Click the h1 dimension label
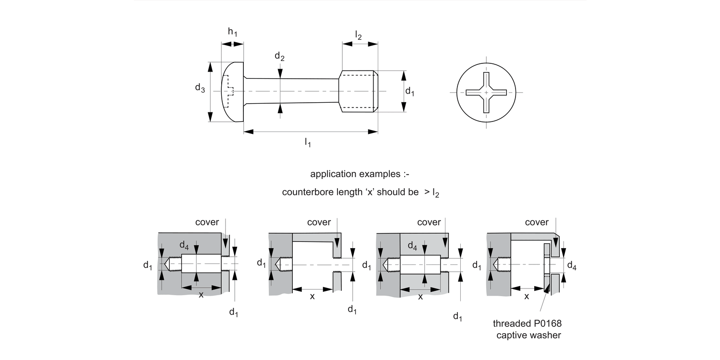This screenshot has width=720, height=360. pos(232,32)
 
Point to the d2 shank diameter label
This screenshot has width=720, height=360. pos(279,57)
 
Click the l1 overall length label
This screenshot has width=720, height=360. pos(308,142)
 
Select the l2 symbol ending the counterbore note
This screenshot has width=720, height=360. pos(435,193)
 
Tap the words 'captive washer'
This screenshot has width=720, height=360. pos(528,335)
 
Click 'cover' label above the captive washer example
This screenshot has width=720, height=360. pos(537,222)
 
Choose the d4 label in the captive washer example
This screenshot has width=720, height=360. pos(571,265)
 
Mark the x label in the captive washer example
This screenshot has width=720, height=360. pos(527,297)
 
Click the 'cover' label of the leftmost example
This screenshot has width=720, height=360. pos(207,222)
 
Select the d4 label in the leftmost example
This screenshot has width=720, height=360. pos(184,245)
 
